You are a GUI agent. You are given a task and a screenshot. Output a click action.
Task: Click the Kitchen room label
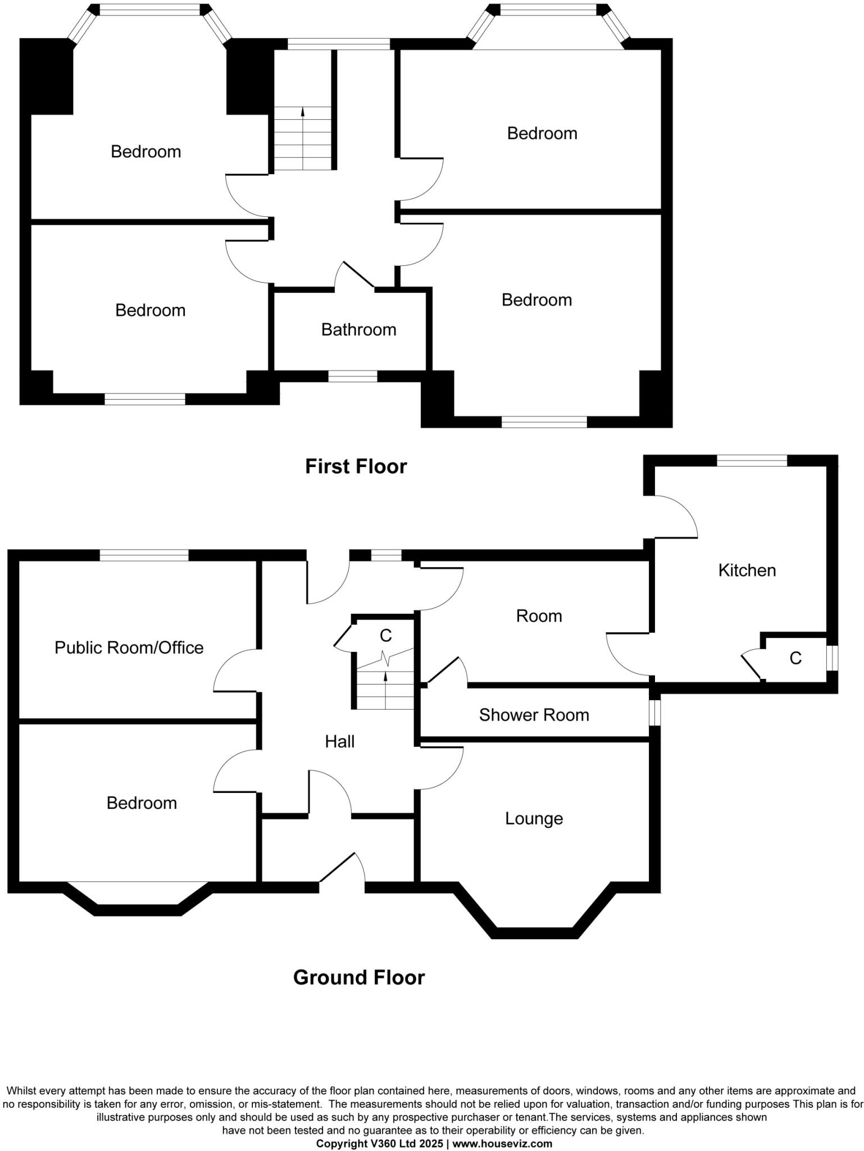pyautogui.click(x=747, y=570)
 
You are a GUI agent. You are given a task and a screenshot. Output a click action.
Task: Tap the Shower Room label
pyautogui.click(x=534, y=715)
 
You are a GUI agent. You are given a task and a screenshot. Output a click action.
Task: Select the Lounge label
pyautogui.click(x=534, y=818)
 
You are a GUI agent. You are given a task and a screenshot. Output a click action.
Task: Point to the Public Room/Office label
pyautogui.click(x=129, y=647)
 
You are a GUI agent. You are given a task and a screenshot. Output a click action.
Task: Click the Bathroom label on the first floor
pyautogui.click(x=358, y=329)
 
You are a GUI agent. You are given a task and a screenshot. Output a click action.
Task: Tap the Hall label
pyautogui.click(x=339, y=742)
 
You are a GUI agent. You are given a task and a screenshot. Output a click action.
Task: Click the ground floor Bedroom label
pyautogui.click(x=142, y=803)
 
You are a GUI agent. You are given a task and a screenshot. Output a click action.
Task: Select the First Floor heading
pyautogui.click(x=356, y=466)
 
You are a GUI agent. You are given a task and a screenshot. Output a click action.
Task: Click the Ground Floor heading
pyautogui.click(x=358, y=978)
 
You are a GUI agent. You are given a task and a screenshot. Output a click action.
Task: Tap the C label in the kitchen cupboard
pyautogui.click(x=795, y=658)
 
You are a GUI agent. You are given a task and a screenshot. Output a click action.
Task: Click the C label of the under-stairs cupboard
pyautogui.click(x=385, y=636)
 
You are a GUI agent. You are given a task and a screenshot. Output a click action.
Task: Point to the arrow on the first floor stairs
pyautogui.click(x=303, y=112)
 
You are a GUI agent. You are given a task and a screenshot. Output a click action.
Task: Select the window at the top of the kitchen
pyautogui.click(x=752, y=460)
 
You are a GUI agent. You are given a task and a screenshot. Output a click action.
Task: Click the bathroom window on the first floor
pyautogui.click(x=352, y=376)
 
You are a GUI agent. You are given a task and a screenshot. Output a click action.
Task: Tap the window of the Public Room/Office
pyautogui.click(x=144, y=555)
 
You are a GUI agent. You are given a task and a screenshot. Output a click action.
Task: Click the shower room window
pyautogui.click(x=655, y=712)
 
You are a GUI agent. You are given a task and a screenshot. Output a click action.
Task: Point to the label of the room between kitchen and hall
pyautogui.click(x=539, y=616)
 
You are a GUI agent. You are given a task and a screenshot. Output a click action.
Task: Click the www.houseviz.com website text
pyautogui.click(x=502, y=1144)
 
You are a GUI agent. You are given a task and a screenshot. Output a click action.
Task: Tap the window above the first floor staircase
pyautogui.click(x=339, y=44)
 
